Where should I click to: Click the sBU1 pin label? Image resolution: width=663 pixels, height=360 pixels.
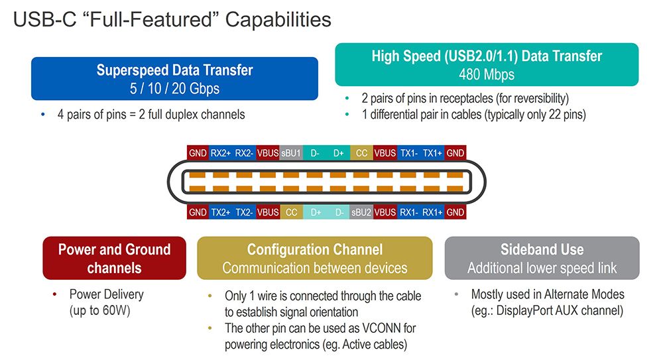tap(291, 152)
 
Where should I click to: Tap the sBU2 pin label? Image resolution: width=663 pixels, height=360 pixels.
tap(361, 213)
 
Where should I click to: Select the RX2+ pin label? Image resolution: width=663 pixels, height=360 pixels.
tap(221, 152)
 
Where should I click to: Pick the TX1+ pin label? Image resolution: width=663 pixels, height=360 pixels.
tap(432, 152)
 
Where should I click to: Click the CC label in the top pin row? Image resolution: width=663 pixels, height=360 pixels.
tap(361, 152)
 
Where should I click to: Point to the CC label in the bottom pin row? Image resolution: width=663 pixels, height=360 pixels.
tap(291, 213)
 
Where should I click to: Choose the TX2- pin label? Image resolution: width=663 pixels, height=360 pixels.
tap(244, 213)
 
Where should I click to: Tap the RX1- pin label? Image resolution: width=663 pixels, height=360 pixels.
tap(408, 213)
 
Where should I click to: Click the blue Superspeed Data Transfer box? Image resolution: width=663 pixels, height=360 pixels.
tap(174, 78)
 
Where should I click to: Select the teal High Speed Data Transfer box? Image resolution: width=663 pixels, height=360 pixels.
tap(487, 64)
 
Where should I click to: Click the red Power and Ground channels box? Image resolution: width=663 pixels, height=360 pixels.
tap(114, 259)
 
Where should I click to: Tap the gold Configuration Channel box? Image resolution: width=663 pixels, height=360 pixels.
tap(314, 259)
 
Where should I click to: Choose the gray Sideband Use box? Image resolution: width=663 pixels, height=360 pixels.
tap(542, 259)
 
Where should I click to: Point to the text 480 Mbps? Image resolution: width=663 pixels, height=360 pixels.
tap(487, 74)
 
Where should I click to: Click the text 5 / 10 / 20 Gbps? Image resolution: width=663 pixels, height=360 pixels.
tap(174, 88)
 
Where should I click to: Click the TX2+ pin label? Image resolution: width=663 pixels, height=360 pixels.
tap(221, 213)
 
